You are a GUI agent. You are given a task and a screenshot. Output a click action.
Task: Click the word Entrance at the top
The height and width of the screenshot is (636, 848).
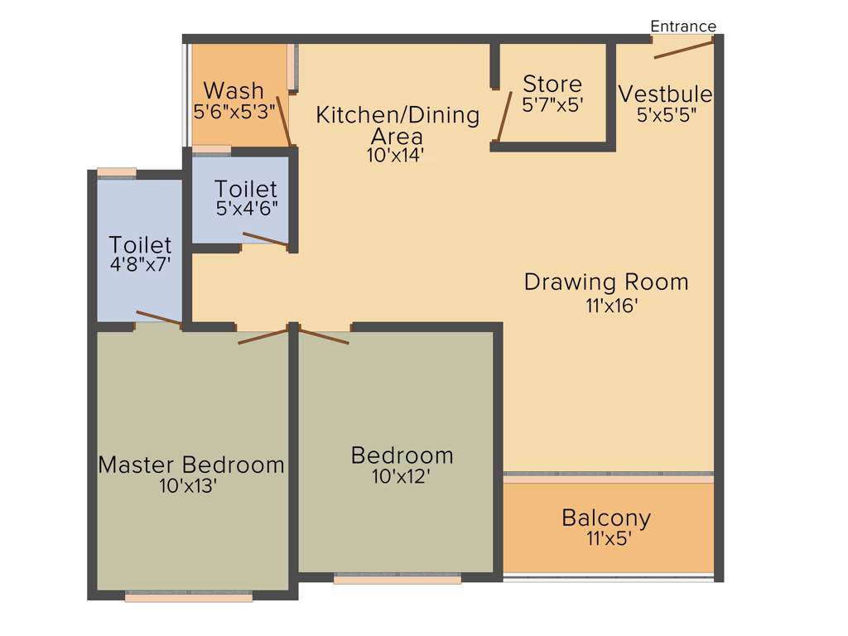coord(683,26)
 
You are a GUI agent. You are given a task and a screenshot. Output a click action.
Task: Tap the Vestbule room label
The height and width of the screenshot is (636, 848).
coord(665,94)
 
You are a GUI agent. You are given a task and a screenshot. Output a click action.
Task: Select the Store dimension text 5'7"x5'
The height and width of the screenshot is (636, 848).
coord(552,105)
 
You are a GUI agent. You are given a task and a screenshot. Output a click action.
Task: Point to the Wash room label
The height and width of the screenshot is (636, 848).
coord(234,89)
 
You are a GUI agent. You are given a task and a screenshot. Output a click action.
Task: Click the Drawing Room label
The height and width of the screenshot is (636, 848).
coord(606,282)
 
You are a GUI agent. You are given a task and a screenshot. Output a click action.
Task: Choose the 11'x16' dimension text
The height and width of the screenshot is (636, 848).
coord(610,305)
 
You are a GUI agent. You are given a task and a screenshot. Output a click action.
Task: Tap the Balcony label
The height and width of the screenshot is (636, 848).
coord(606,518)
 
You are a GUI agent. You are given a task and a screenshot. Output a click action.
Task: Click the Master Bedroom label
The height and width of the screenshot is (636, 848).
coord(191,465)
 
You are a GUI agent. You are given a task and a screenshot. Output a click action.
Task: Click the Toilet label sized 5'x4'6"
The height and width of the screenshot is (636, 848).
coord(246,189)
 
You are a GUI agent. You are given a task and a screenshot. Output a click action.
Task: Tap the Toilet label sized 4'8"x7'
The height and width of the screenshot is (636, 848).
coord(141,245)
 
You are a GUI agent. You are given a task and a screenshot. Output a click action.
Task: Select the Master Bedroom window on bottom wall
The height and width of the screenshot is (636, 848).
coord(189,596)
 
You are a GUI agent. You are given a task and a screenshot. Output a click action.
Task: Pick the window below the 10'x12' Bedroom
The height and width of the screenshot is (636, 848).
coord(397,580)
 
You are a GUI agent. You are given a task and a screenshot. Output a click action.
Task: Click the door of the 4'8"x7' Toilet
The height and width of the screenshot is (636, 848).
coord(159,318)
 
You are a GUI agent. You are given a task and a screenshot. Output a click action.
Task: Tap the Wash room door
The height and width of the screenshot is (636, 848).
coord(282,121)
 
